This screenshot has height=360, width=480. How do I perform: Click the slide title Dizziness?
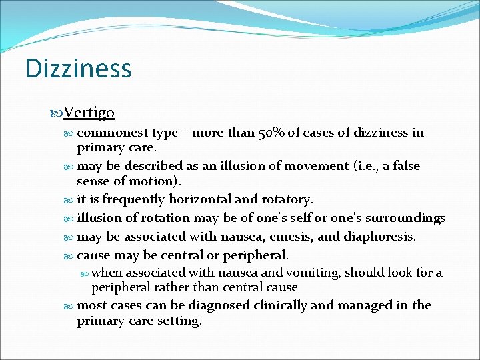click(78, 69)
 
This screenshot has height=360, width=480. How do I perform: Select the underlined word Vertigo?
click(89, 113)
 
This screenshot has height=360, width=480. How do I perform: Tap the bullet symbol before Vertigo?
click(57, 113)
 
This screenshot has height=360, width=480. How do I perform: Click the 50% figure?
click(272, 132)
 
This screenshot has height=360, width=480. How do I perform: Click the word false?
click(405, 165)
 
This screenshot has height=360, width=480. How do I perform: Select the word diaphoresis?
click(382, 236)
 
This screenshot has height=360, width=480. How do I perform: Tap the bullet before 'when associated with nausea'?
click(85, 273)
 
